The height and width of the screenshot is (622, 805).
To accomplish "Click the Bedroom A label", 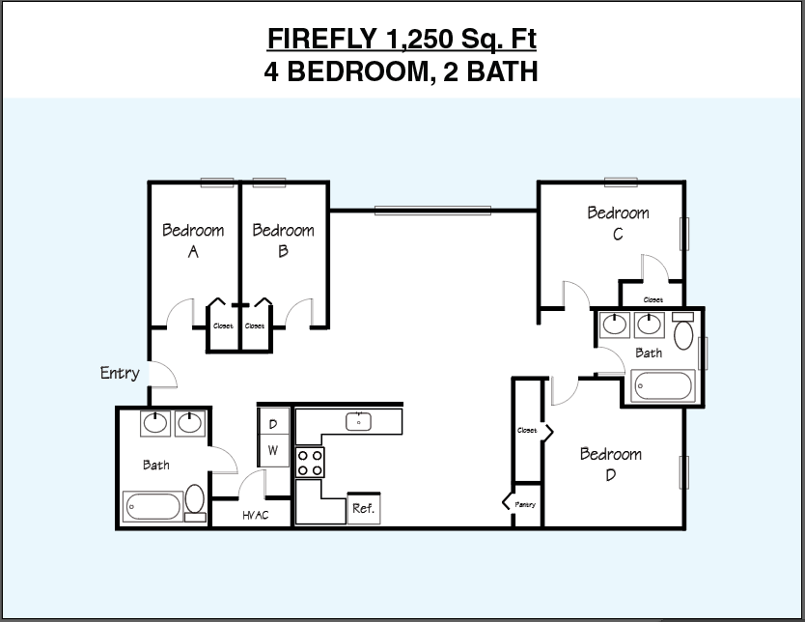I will tap(193, 240).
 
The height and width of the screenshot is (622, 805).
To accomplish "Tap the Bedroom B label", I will tap(283, 240).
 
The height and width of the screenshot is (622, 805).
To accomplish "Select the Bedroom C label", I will tap(618, 223).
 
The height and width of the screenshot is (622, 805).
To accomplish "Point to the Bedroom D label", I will tap(610, 465).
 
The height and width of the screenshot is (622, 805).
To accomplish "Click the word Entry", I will tap(120, 373).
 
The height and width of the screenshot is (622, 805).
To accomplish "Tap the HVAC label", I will tap(255, 515).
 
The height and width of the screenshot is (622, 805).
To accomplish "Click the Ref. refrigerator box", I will tap(363, 508).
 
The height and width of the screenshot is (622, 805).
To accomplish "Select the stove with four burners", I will tap(310, 463).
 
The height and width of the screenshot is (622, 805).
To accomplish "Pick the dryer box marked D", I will tap(273, 424).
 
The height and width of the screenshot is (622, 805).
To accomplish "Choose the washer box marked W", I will tap(273, 450).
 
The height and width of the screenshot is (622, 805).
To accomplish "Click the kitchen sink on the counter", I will tap(359, 421).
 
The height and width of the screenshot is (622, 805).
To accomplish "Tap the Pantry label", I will tap(525, 504).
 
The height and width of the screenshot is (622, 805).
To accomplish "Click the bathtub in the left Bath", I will tap(153, 505).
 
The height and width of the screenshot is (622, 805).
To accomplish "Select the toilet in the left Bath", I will tap(195, 500).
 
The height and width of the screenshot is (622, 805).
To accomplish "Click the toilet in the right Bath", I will tap(683, 333).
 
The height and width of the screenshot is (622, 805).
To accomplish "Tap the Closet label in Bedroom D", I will tap(527, 430).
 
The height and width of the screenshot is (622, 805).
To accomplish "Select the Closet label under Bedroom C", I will tap(652, 299).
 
